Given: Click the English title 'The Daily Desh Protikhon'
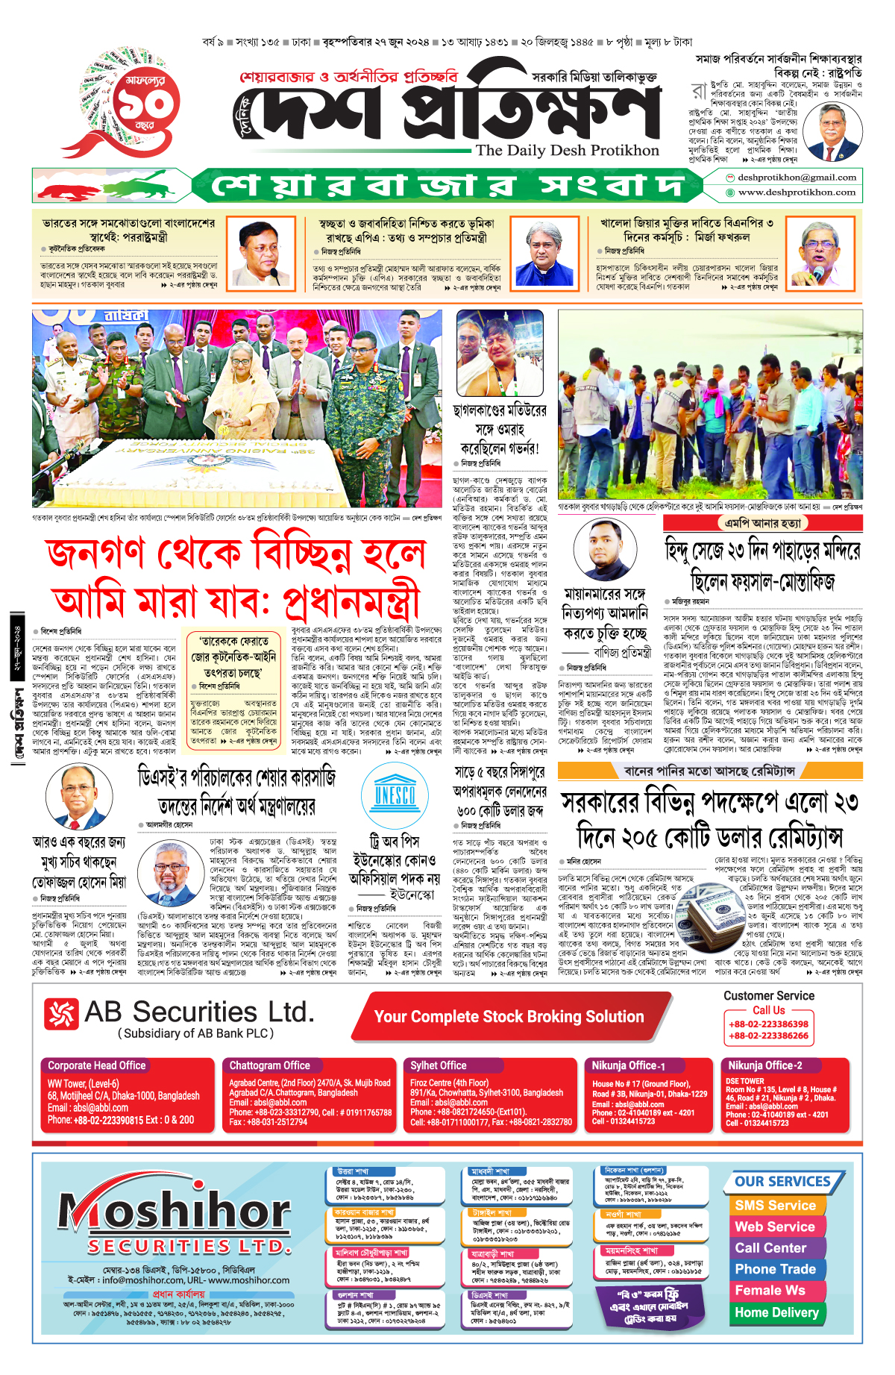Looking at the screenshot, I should (x=567, y=151).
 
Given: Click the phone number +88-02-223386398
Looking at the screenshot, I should (x=768, y=1024).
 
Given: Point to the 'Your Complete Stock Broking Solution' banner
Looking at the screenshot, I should (x=509, y=1017).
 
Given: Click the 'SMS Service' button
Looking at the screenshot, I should (x=775, y=1206).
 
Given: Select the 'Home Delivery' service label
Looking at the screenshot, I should (x=776, y=1312).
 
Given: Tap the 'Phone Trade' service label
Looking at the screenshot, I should (x=775, y=1269).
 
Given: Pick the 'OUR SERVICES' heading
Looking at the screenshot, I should (x=782, y=1182).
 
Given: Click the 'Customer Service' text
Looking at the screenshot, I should (x=768, y=996).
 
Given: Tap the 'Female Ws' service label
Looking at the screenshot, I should (x=770, y=1291).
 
